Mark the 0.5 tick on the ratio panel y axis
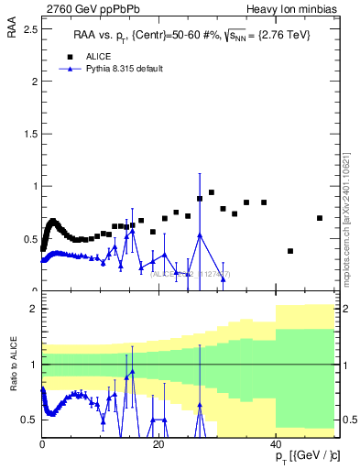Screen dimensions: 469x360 coord(30,420)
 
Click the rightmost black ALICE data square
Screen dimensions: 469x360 coord(319,218)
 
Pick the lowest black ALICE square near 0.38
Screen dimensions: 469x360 coord(290,251)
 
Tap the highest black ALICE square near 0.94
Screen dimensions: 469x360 coord(212,192)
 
